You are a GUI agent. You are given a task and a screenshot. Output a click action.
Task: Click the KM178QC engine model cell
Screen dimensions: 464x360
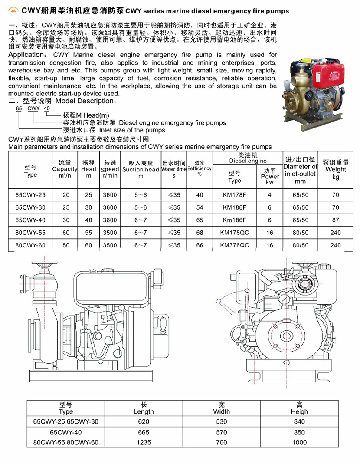tap(235, 233)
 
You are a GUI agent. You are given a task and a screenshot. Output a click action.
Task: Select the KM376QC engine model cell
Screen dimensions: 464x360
tap(235, 245)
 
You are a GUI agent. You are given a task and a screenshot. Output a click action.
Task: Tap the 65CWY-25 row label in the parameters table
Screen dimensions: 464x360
tap(30, 195)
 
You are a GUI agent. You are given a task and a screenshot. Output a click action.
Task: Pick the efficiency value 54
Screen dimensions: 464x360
tap(200, 207)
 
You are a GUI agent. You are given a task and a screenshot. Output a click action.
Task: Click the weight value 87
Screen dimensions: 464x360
tap(336, 220)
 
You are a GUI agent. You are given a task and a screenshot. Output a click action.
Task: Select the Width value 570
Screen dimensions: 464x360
tap(222, 432)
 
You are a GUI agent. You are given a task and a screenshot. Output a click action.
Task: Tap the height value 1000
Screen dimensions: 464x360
tap(299, 442)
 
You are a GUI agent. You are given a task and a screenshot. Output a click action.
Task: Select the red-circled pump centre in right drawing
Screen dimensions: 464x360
tap(287, 336)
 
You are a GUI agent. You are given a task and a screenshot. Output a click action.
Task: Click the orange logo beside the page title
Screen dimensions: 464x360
tap(14, 10)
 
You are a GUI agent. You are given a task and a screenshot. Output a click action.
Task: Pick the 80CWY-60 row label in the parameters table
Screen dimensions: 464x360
tap(30, 245)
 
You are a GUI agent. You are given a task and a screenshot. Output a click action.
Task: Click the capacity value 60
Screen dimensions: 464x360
tap(66, 233)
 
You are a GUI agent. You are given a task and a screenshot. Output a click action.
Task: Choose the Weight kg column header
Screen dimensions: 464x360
tap(336, 170)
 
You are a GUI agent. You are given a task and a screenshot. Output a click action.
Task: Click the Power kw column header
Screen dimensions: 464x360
tap(270, 176)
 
